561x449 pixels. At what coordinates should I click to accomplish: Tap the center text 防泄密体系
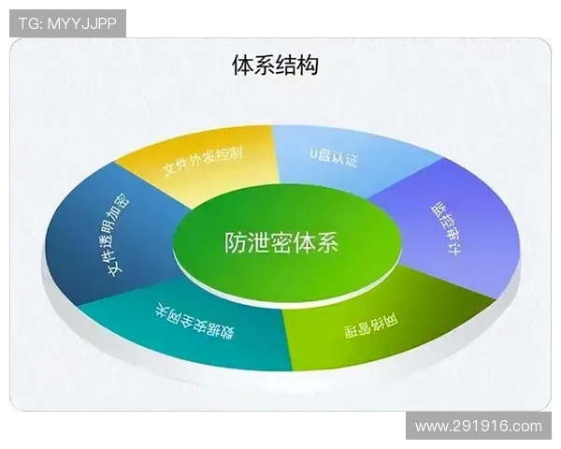(x=281, y=242)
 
